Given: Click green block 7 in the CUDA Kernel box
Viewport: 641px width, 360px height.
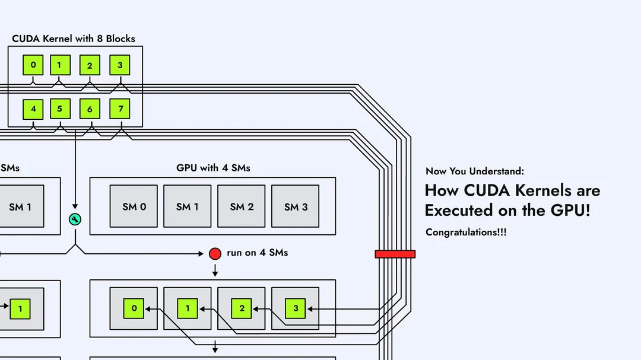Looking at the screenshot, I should (120, 109).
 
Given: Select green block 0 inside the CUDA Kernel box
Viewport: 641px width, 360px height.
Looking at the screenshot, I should (33, 65).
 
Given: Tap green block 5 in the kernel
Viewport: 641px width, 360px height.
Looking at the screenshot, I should (60, 109).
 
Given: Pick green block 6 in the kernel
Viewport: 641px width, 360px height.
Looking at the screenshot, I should (90, 109).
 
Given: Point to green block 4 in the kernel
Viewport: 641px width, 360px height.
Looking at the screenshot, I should (33, 109).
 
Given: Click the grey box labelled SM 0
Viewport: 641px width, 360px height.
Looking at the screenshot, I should (134, 206).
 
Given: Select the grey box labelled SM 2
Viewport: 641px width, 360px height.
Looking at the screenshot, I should (242, 206).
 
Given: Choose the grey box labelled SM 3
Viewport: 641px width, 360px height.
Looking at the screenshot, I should (295, 206).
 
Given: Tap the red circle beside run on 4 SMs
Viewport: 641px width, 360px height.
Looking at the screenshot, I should (215, 254).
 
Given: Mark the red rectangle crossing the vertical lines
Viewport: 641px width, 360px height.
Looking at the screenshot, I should (395, 254).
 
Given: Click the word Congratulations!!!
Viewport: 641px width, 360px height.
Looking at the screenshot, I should (466, 232).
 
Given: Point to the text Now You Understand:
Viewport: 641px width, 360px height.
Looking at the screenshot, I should (475, 171).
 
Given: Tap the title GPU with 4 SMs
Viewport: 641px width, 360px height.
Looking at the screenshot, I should (213, 168).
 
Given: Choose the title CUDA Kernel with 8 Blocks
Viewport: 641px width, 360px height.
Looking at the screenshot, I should (74, 39).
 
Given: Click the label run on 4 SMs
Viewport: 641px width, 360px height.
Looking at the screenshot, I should (257, 253).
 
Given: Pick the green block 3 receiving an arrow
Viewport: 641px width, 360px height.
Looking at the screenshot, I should (295, 308).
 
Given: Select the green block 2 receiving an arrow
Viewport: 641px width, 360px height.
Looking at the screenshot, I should (242, 308).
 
